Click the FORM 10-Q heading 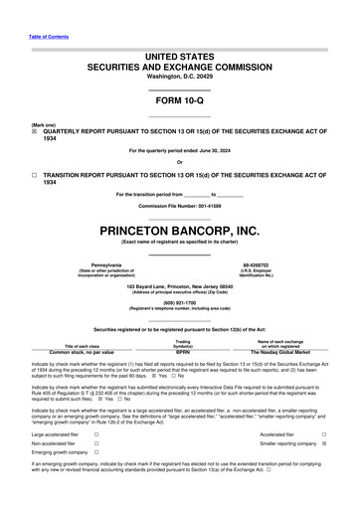179,102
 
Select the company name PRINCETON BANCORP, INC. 179,231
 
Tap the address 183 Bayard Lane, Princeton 179,284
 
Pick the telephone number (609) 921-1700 179,303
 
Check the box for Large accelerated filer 96,434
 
